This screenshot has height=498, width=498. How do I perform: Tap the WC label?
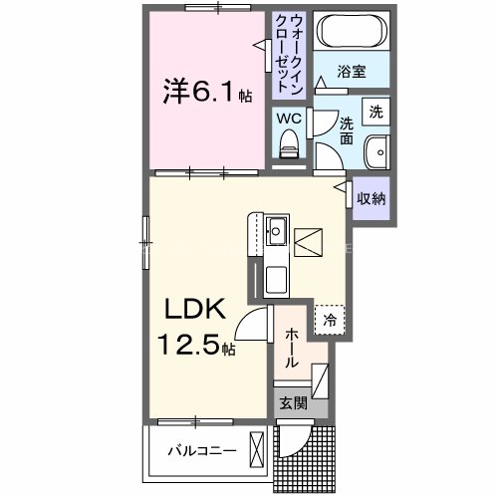[x=288, y=119]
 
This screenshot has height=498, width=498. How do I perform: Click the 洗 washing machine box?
[x=375, y=112]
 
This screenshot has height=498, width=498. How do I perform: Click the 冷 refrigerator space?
[x=329, y=320]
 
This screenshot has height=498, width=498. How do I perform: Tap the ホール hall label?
[x=291, y=351]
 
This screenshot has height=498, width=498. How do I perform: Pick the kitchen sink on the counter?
[x=276, y=235]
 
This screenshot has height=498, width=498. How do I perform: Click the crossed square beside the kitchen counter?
[x=309, y=241]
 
